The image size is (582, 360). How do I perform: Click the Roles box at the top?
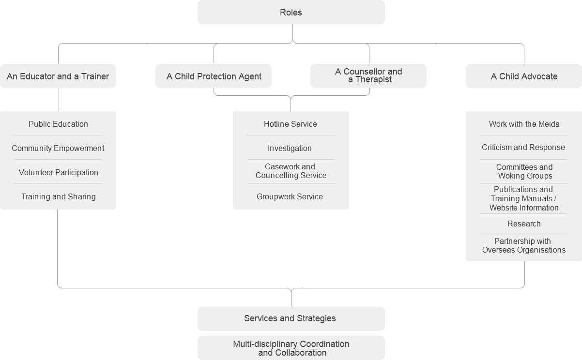click(x=291, y=12)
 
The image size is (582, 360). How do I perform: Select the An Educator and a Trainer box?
click(x=58, y=76)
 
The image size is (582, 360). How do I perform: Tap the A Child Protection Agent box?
click(x=214, y=76)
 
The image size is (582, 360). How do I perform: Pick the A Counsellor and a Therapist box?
click(x=368, y=76)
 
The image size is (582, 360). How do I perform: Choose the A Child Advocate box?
click(x=524, y=76)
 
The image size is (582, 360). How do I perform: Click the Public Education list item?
click(x=58, y=124)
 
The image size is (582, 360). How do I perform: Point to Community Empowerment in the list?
click(x=58, y=149)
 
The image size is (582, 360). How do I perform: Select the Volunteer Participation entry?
click(x=59, y=172)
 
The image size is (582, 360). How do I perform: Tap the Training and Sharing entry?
click(x=59, y=196)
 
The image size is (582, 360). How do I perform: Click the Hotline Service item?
click(x=291, y=124)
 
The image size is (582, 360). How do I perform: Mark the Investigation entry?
click(x=290, y=149)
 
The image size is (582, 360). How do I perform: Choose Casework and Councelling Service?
click(x=291, y=171)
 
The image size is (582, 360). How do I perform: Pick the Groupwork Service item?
click(x=290, y=196)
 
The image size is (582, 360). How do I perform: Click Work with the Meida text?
click(x=524, y=124)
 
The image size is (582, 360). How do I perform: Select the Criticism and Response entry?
click(x=523, y=147)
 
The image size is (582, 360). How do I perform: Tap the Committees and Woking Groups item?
click(x=524, y=171)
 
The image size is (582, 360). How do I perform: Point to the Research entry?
click(x=524, y=224)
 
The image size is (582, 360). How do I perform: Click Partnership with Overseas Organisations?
click(x=524, y=245)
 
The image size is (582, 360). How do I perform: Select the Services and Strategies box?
click(x=291, y=319)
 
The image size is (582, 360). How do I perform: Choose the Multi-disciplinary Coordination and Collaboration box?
click(x=291, y=348)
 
